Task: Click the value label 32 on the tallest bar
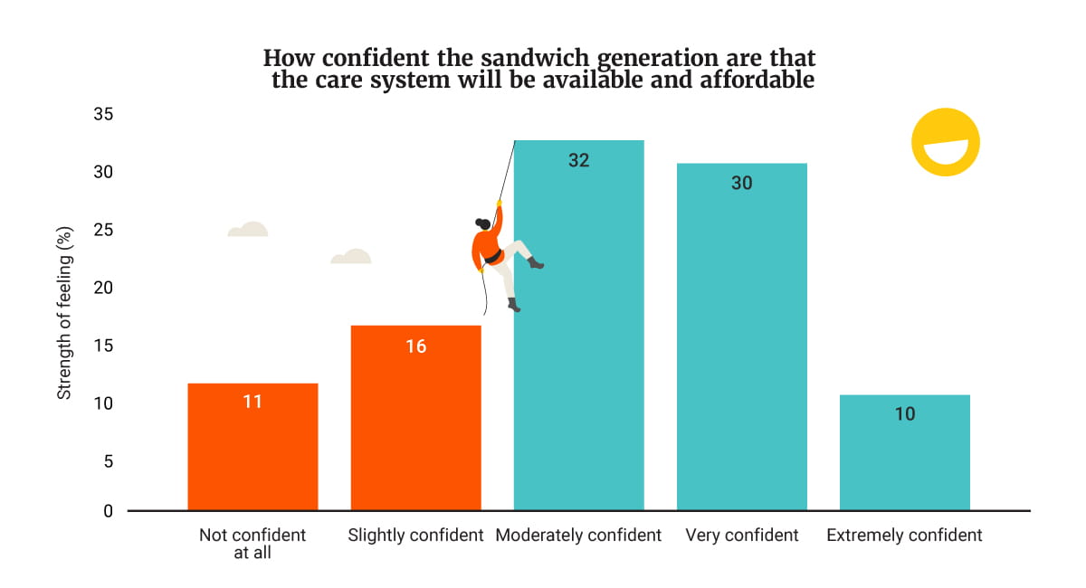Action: [579, 160]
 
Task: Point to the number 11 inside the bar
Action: [252, 402]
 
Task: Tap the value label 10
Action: [904, 414]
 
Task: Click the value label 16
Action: [415, 346]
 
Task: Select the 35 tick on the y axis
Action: [103, 115]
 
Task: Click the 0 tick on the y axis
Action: [109, 511]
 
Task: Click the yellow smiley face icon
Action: [945, 142]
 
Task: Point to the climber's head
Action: [483, 223]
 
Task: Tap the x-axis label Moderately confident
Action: [578, 536]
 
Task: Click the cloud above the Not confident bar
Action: [247, 230]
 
